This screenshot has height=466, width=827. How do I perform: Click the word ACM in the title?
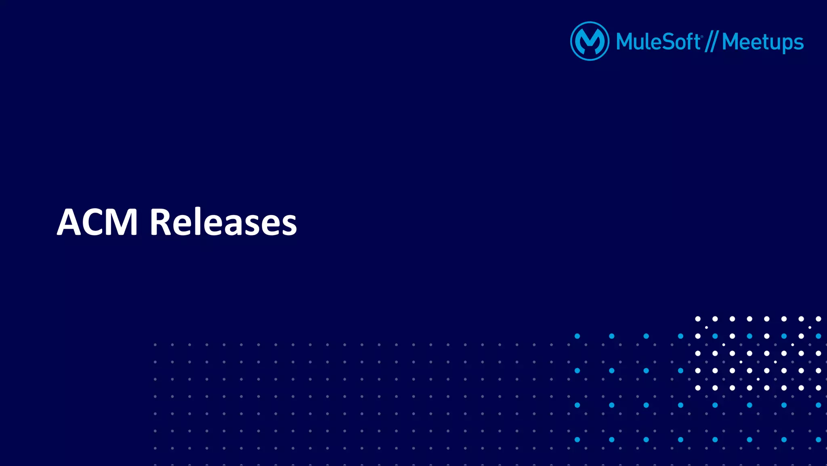[x=98, y=222]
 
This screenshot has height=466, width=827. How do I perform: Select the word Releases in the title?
[x=223, y=222]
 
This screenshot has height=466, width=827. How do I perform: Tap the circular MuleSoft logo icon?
[x=590, y=41]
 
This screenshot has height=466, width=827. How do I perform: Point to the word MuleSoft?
[x=658, y=42]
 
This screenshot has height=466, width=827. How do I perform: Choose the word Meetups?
[x=762, y=42]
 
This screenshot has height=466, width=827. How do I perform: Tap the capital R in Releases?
[x=161, y=222]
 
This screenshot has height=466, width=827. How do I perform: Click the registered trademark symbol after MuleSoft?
[x=702, y=36]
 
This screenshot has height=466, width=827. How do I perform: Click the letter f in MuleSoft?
[x=689, y=41]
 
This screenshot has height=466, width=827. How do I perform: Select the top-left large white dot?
[x=698, y=319]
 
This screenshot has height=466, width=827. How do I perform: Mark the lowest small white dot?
[x=758, y=379]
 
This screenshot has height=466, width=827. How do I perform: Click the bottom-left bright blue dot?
[x=577, y=439]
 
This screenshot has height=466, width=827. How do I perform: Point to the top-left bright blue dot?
[x=577, y=336]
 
